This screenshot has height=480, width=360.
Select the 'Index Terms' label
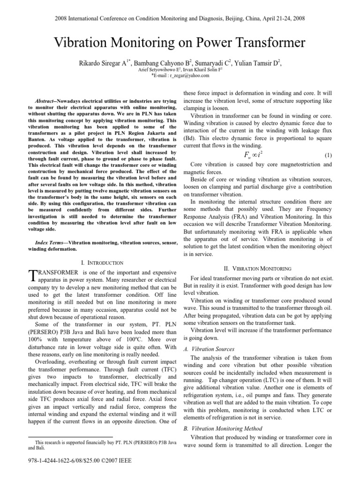click(52, 243)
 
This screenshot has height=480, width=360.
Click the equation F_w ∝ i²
click(257, 154)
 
